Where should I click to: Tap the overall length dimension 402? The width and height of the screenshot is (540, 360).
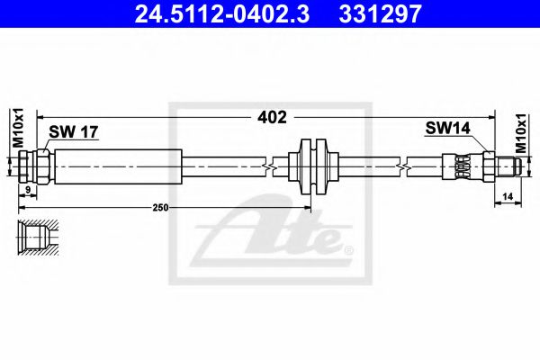click(x=271, y=116)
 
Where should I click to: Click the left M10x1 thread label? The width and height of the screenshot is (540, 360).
click(x=17, y=128)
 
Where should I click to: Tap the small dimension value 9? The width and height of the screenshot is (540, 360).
click(x=29, y=190)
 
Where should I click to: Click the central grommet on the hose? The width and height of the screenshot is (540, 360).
click(x=313, y=166)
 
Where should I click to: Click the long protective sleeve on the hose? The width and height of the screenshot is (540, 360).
click(x=117, y=166)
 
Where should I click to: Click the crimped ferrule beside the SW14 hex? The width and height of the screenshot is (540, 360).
click(x=461, y=166)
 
